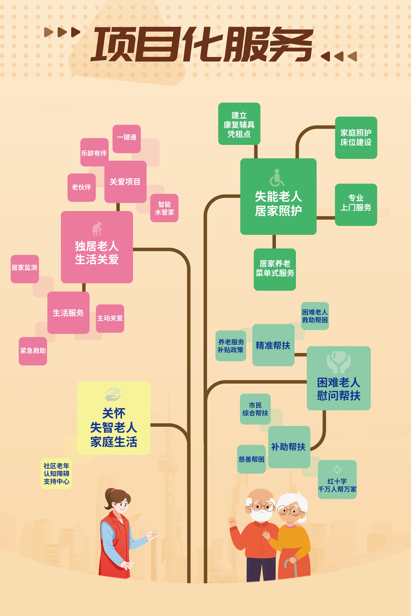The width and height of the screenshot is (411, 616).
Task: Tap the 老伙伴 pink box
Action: click(82, 187)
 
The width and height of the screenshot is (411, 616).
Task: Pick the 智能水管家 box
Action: click(164, 208)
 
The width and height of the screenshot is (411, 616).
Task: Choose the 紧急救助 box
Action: click(33, 351)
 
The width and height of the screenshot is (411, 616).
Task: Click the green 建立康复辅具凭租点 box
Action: click(239, 124)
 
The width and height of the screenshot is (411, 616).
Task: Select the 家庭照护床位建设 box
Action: click(356, 137)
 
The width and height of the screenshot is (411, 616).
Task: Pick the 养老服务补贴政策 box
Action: click(231, 346)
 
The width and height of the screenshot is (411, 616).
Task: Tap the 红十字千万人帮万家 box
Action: click(337, 480)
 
